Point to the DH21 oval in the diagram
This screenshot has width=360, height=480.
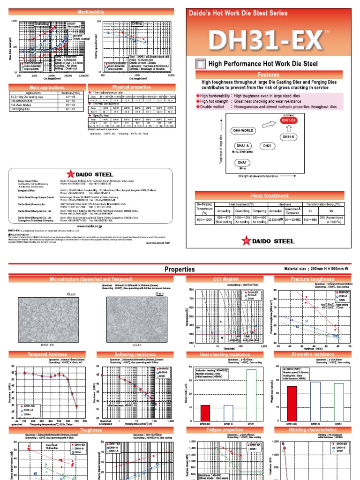(x=267, y=146)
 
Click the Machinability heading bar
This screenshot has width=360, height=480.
(x=91, y=11)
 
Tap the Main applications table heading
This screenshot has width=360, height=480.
(x=47, y=87)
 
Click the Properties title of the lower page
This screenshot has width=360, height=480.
(x=180, y=269)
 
